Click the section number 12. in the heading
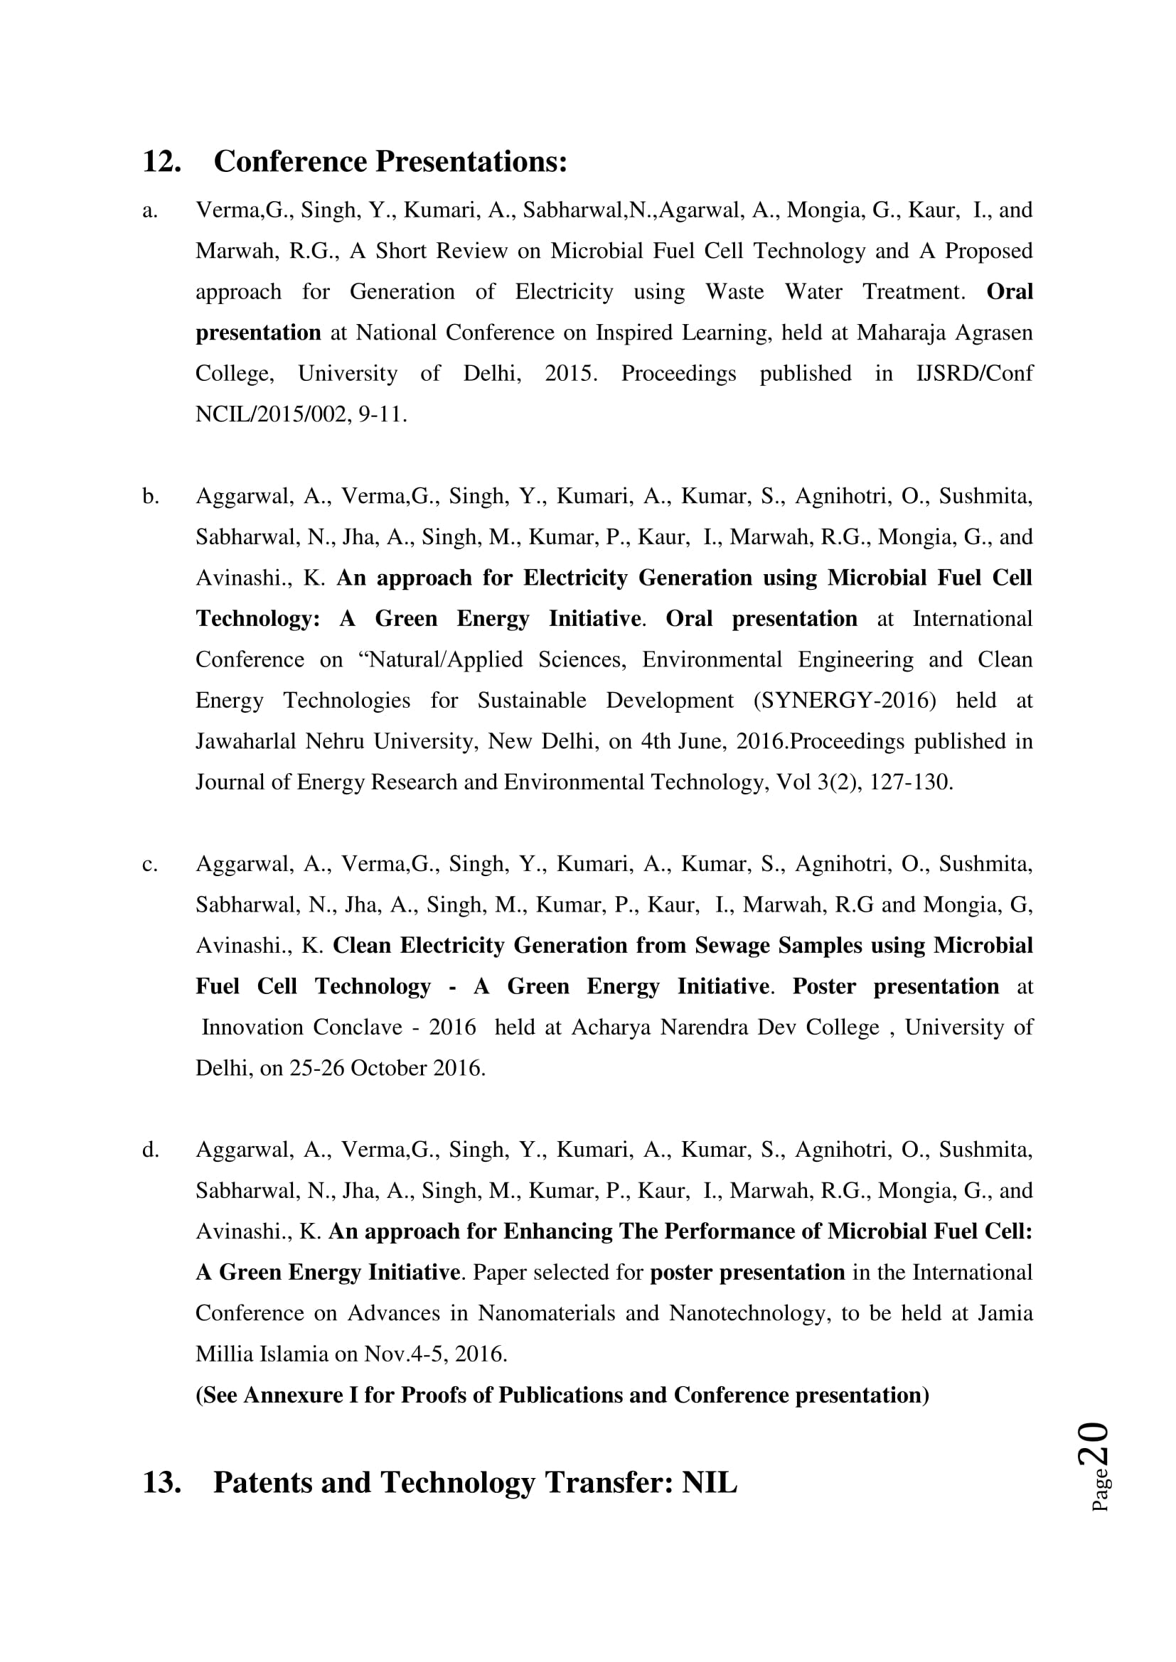[161, 161]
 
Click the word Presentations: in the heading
[471, 161]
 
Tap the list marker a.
[150, 210]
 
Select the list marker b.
[151, 497]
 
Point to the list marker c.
[150, 864]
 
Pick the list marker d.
[151, 1150]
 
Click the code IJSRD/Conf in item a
[974, 374]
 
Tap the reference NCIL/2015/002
[273, 415]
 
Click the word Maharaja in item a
[901, 333]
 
